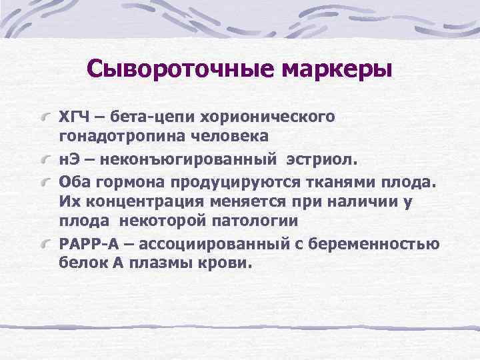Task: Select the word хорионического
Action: (271, 118)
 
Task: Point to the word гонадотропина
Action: (112, 136)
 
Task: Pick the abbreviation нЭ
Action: (69, 160)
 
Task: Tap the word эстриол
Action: (323, 160)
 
